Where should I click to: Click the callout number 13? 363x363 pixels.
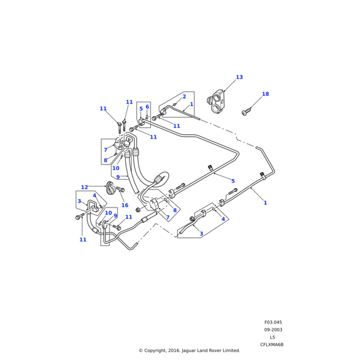239,77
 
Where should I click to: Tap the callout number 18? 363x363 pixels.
265,94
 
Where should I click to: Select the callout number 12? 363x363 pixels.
84,188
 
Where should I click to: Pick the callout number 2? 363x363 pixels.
184,97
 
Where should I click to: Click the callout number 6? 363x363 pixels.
147,107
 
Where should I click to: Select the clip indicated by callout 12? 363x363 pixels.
112,188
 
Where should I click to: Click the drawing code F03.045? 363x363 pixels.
273,322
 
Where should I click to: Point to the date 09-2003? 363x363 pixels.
273,330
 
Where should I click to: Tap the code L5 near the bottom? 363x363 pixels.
272,337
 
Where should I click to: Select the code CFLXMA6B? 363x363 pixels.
272,344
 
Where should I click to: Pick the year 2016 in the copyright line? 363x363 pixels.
163,350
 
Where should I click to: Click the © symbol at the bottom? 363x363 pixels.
140,350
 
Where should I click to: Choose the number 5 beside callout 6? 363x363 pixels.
141,110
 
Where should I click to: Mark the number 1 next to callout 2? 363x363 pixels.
191,104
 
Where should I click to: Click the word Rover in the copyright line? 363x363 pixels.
212,350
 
